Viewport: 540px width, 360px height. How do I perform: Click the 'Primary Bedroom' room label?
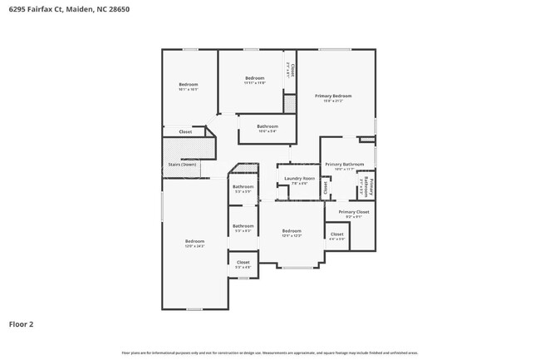pyautogui.click(x=333, y=96)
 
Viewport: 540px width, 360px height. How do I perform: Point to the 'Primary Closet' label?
pyautogui.click(x=353, y=212)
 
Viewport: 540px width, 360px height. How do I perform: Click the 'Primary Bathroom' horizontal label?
pyautogui.click(x=344, y=165)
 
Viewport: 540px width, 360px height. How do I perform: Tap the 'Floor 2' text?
pyautogui.click(x=21, y=323)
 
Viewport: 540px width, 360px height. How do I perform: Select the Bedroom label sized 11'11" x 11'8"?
pyautogui.click(x=254, y=78)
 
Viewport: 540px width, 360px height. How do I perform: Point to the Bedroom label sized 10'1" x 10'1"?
pyautogui.click(x=189, y=85)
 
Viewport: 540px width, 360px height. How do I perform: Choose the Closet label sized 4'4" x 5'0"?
pyautogui.click(x=336, y=234)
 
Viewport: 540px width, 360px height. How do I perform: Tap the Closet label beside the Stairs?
pyautogui.click(x=185, y=131)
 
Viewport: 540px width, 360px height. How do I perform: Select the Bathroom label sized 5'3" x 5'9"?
pyautogui.click(x=243, y=187)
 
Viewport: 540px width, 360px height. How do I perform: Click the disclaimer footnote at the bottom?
pyautogui.click(x=270, y=353)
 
